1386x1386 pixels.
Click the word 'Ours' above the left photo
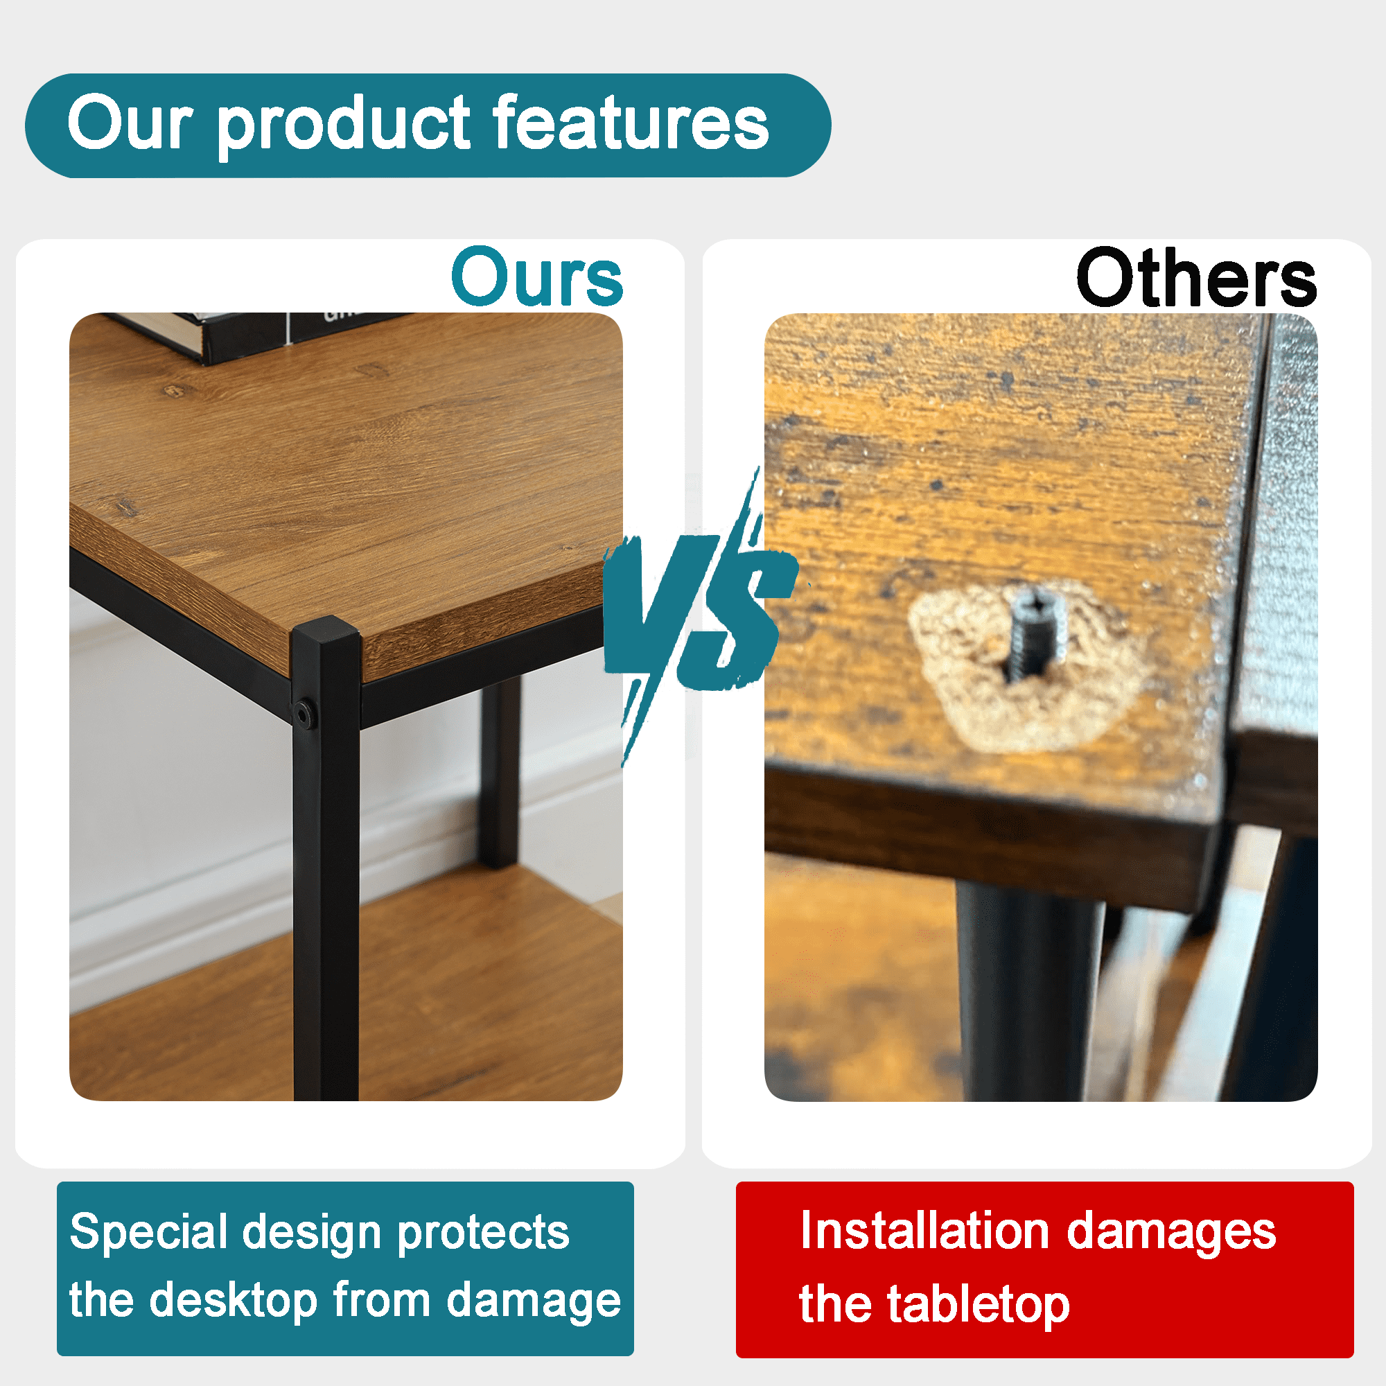tap(537, 277)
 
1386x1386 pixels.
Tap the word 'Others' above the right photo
tap(1196, 278)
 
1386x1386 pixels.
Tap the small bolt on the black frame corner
tap(304, 714)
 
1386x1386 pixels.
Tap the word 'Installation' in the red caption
tap(925, 1231)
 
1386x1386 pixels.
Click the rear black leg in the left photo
tap(499, 775)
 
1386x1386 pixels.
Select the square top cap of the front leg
tap(325, 632)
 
